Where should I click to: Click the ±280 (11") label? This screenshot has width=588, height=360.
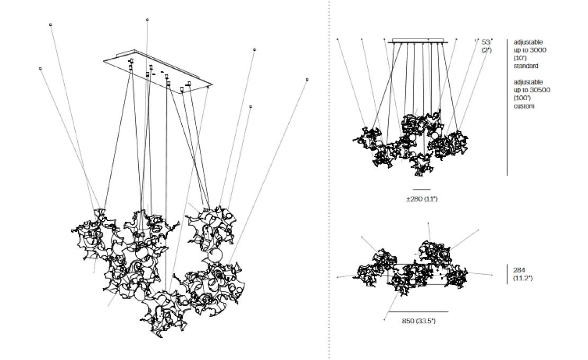tap(422, 199)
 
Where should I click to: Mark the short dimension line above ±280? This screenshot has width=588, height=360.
tap(422, 189)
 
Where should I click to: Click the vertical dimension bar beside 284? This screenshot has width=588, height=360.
tap(507, 274)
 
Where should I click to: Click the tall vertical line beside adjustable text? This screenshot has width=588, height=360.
tap(507, 106)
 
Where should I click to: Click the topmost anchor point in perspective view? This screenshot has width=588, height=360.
tap(147, 20)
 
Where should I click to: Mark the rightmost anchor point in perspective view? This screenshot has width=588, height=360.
tap(307, 79)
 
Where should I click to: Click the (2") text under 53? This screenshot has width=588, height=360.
tap(486, 49)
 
